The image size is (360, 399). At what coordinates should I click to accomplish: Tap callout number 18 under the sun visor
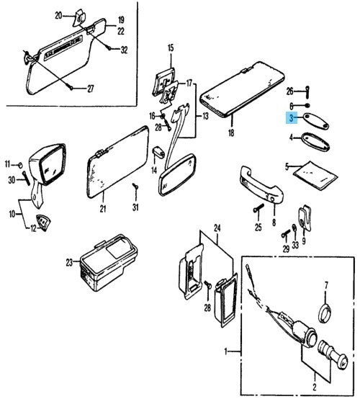click(231, 133)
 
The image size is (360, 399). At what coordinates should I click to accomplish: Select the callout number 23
click(70, 263)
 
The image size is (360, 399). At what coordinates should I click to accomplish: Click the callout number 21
click(102, 209)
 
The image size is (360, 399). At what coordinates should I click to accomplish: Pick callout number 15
click(171, 48)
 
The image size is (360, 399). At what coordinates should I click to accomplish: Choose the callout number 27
click(91, 89)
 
